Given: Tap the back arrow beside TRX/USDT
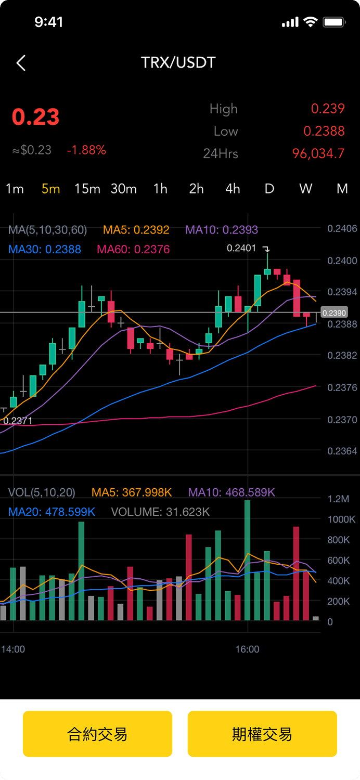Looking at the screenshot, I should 21,63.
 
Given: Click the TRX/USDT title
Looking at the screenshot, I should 178,62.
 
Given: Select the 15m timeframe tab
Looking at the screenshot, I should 87,189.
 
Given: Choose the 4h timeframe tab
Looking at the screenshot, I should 233,189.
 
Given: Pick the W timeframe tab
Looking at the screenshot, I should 305,189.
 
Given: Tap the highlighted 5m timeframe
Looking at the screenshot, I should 51,189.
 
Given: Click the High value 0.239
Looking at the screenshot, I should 328,109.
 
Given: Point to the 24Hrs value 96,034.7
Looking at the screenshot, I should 318,153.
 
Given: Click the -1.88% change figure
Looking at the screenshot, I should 86,150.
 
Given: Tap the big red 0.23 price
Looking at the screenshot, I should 36,117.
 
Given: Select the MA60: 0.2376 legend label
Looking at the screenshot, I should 133,250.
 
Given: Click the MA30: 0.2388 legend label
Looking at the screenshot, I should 45,250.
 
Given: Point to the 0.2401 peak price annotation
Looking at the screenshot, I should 241,249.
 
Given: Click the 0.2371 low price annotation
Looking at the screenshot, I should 18,421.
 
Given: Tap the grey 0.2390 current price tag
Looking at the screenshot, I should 333,313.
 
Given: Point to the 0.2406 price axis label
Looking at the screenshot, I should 342,228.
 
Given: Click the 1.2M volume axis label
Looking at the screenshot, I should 338,499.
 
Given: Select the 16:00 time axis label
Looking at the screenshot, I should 247,649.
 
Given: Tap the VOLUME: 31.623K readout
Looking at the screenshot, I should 160,512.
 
